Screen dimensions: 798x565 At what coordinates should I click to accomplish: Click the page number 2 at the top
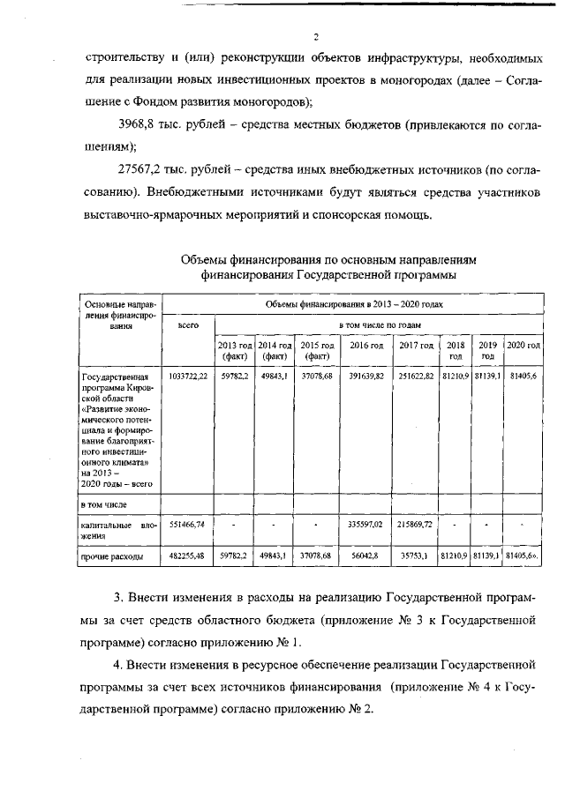coord(290,36)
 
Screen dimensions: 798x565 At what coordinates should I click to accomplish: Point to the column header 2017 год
coord(416,345)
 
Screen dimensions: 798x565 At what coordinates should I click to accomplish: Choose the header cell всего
coord(188,325)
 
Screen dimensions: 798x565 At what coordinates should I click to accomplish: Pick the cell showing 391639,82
coord(365,377)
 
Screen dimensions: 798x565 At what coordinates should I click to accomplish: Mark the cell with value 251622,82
coord(416,377)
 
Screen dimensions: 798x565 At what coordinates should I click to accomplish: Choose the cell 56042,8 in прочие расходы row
coord(365,556)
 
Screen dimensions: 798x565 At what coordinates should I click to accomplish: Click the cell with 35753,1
coord(416,556)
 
